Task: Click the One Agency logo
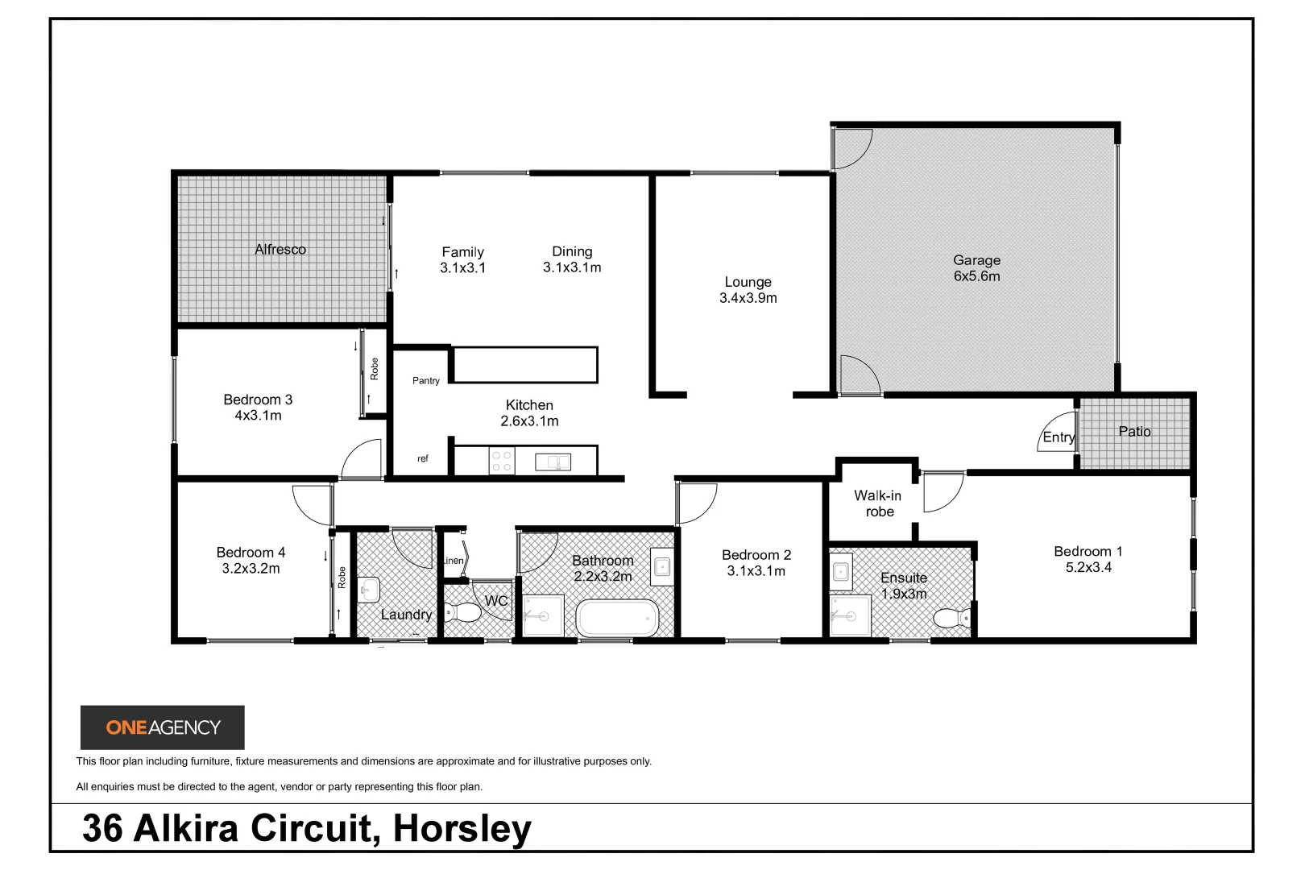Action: [163, 727]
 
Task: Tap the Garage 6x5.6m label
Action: [976, 268]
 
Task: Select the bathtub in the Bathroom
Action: [617, 618]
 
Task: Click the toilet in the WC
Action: [464, 614]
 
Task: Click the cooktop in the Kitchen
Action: [501, 462]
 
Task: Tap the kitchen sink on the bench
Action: [553, 462]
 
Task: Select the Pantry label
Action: [426, 380]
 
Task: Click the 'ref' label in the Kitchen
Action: [423, 458]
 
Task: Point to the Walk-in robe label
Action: [878, 503]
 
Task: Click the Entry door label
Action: [1058, 437]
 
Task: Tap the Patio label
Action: [1134, 432]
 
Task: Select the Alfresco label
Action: [280, 250]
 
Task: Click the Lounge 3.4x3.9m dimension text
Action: [748, 298]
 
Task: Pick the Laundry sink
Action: [369, 589]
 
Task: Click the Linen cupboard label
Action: [454, 561]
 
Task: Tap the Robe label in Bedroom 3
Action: [375, 369]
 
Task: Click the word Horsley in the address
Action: [462, 829]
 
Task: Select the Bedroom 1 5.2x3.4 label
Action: [1087, 559]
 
